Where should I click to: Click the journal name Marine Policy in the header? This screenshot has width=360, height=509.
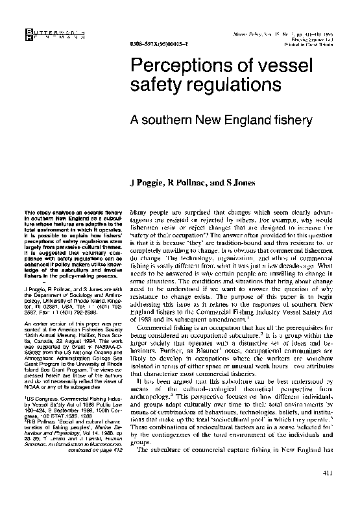pyautogui.click(x=255, y=32)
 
